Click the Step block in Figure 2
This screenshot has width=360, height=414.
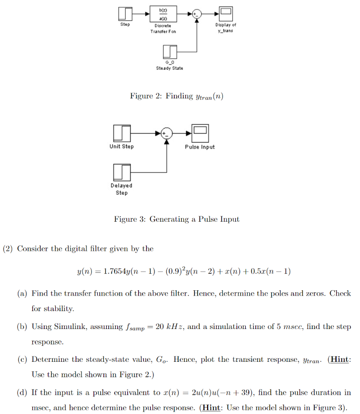pos(125,13)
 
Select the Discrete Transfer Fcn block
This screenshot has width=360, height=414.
pos(163,13)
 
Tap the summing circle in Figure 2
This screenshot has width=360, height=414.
pos(197,14)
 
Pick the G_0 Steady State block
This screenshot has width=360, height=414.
pos(170,51)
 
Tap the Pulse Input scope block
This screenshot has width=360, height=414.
pos(200,133)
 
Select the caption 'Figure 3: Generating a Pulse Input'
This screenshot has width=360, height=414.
pos(176,219)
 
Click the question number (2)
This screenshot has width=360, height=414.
pos(8,248)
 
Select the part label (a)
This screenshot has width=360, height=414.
pos(22,293)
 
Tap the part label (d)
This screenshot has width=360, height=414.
pos(22,393)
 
